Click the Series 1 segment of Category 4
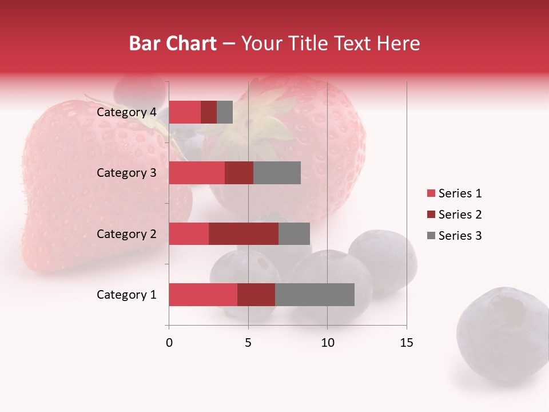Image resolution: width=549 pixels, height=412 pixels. click(185, 112)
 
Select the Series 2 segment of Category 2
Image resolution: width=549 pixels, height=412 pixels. click(244, 233)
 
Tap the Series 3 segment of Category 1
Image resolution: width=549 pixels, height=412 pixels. click(315, 295)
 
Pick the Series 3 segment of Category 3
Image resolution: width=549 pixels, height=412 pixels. click(277, 173)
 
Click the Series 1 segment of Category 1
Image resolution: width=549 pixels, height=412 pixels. click(203, 295)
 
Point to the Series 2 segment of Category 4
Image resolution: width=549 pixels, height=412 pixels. click(209, 112)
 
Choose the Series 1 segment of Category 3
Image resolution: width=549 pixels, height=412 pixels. click(197, 173)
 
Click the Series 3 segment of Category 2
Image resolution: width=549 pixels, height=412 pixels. click(294, 233)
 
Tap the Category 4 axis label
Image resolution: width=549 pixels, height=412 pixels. click(126, 112)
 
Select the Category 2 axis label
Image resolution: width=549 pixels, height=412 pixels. click(126, 233)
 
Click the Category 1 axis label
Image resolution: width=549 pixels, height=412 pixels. click(126, 295)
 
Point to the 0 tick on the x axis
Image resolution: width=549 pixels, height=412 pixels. click(169, 343)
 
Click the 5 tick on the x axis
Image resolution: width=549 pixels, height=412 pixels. click(248, 343)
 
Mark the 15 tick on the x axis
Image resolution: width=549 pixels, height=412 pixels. click(406, 343)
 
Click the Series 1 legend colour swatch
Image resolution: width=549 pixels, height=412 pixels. click(431, 193)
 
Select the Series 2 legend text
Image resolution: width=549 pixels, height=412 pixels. click(460, 215)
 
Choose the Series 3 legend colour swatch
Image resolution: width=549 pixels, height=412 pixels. click(431, 236)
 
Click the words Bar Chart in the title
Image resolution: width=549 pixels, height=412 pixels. click(173, 43)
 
